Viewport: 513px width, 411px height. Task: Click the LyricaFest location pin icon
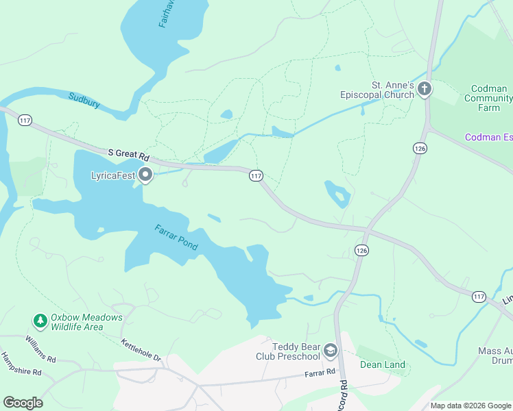(x=145, y=175)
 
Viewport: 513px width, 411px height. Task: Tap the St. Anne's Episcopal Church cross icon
(x=425, y=89)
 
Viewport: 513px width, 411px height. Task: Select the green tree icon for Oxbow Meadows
(x=40, y=321)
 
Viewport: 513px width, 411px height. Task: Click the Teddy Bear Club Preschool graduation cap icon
(x=331, y=351)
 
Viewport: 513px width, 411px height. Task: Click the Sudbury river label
(x=84, y=101)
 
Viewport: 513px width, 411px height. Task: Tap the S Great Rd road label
(x=128, y=155)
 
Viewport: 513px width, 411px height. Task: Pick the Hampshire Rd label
(x=21, y=364)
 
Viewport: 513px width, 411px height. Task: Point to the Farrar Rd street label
(x=320, y=373)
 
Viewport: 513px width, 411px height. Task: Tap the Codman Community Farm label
(x=488, y=98)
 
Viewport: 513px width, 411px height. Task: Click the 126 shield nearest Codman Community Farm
(x=420, y=148)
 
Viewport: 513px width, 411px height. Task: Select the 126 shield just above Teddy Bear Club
(x=361, y=251)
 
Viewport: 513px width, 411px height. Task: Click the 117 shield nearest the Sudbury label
(x=25, y=121)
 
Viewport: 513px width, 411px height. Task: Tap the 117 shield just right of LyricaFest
(x=256, y=176)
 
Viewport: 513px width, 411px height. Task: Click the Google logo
(x=23, y=403)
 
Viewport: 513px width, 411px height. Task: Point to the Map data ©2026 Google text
(x=470, y=406)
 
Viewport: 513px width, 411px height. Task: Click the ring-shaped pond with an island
(x=337, y=195)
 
